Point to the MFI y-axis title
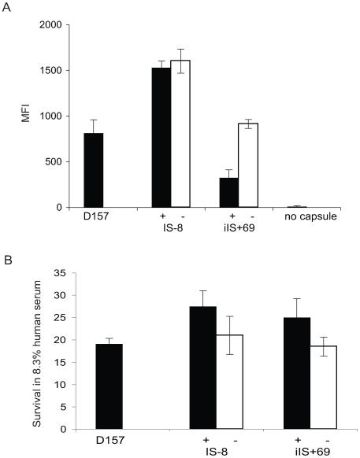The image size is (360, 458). (33, 116)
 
